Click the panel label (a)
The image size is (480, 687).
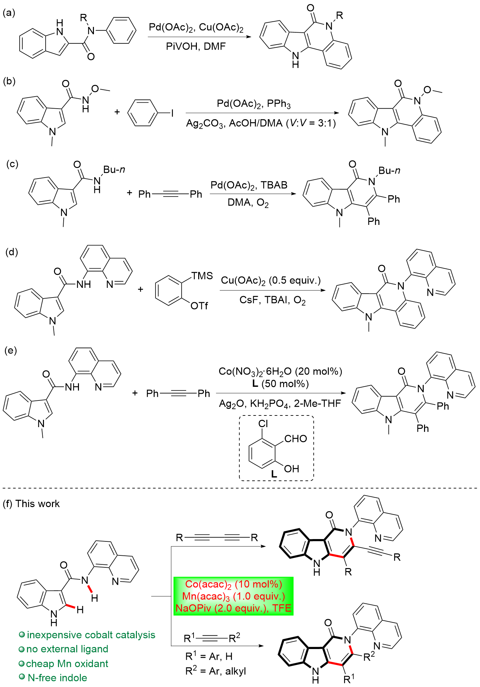tap(9, 13)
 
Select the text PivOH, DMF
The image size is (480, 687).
tap(196, 46)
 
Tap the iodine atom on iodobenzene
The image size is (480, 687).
tap(172, 114)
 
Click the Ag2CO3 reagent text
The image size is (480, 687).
tap(205, 124)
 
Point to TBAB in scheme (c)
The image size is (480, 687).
tap(274, 185)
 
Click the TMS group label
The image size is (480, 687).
tap(202, 276)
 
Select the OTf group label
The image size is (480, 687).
tap(199, 306)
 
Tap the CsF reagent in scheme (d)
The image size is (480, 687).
tap(249, 300)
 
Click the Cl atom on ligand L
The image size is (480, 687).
tap(263, 423)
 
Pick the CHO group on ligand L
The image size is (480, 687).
tap(295, 439)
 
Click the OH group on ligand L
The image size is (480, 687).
tap(291, 469)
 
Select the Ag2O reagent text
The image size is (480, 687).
tap(231, 404)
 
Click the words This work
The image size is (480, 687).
tap(38, 504)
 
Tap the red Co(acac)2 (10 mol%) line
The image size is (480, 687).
tap(234, 584)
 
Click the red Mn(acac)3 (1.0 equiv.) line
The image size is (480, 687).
tap(234, 596)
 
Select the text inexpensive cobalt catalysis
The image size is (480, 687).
tap(91, 635)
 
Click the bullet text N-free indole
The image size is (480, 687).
tap(57, 678)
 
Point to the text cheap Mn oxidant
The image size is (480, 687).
tap(67, 664)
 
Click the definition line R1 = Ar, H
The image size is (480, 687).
tap(209, 656)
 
